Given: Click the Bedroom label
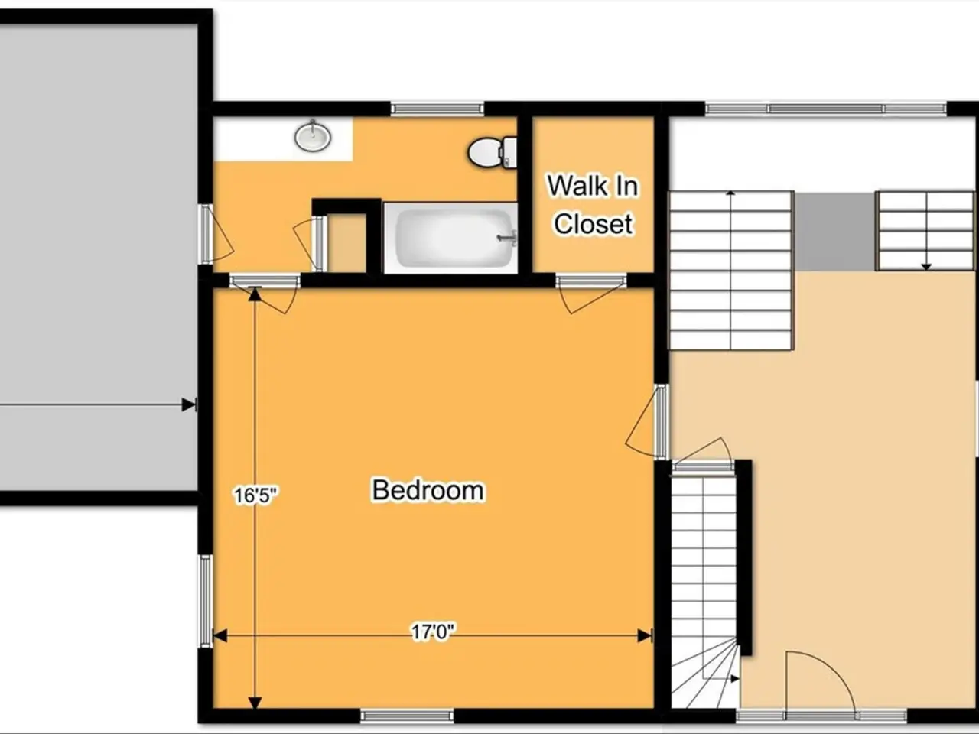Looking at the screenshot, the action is click(x=428, y=490).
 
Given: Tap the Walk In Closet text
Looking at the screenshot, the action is click(x=593, y=204).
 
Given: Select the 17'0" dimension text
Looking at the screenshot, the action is click(x=433, y=632).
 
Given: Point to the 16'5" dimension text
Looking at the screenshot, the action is click(x=255, y=495).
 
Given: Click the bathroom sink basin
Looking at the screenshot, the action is click(x=313, y=136).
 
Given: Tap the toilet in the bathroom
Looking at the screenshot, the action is click(x=492, y=152).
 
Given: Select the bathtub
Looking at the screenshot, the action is click(x=450, y=238).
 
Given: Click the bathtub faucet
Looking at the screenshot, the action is click(x=508, y=238).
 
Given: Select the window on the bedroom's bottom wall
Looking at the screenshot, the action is click(x=407, y=716).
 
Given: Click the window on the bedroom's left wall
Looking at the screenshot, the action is click(x=205, y=601).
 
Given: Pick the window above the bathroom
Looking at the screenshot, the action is click(x=437, y=109).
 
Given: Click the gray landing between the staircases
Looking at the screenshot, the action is click(x=834, y=232).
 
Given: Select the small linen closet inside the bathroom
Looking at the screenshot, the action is click(x=347, y=242).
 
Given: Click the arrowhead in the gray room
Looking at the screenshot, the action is click(x=189, y=405).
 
